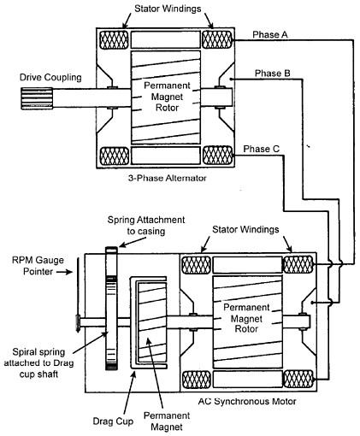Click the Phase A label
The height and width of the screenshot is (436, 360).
tap(270, 35)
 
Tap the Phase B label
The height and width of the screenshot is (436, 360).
tap(273, 74)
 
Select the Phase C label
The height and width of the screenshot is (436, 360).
tap(261, 149)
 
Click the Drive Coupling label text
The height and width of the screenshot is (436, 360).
tap(50, 77)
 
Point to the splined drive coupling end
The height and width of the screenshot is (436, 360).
tap(37, 98)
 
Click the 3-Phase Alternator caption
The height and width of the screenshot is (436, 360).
tap(168, 179)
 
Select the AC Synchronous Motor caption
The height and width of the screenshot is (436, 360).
tap(247, 401)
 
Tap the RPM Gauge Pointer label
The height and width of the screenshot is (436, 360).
tap(38, 265)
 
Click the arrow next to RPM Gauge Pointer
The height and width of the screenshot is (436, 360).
tap(64, 272)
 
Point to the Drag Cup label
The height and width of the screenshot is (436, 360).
tap(113, 421)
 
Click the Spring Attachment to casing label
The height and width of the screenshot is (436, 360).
tap(146, 226)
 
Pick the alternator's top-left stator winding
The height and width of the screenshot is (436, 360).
tap(114, 39)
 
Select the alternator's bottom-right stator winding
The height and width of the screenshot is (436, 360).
tap(218, 156)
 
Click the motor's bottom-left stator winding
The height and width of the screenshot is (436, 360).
tap(197, 380)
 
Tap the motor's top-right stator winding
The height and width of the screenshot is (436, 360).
tap(298, 264)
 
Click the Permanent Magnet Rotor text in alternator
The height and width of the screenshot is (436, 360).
tap(167, 97)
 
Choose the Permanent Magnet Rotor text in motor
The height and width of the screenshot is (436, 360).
tap(246, 318)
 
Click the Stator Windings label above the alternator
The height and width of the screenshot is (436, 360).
tap(168, 9)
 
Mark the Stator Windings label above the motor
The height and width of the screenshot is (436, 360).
tap(245, 230)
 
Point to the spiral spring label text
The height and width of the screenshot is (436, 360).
tap(38, 363)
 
